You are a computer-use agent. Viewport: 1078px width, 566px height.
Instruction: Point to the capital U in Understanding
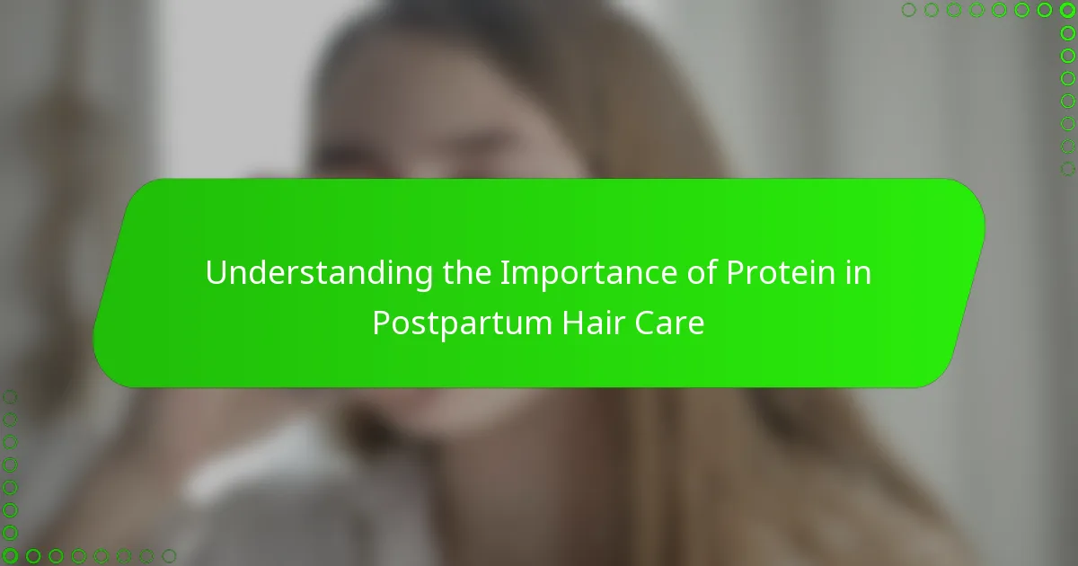[216, 274]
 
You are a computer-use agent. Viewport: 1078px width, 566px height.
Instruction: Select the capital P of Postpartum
[381, 323]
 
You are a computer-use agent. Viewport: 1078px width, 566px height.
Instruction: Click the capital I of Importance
[503, 274]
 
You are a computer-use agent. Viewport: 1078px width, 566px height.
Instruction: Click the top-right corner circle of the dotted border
[1067, 11]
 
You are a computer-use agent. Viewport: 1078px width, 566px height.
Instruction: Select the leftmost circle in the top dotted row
[909, 11]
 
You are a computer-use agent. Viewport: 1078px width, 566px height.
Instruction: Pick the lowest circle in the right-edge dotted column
[1067, 168]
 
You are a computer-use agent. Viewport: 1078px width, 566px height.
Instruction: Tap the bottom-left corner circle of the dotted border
[11, 555]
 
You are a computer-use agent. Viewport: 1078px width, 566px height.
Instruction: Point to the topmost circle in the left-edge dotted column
[11, 397]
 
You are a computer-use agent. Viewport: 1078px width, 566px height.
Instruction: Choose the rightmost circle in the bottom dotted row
[168, 555]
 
